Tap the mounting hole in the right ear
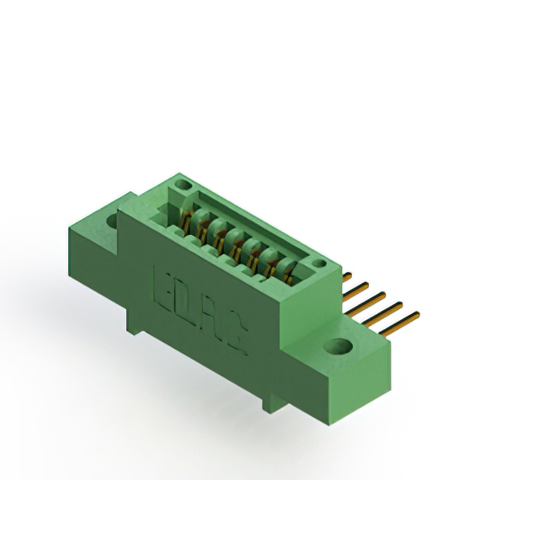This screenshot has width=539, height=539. click(339, 346)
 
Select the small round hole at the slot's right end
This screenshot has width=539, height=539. click(320, 264)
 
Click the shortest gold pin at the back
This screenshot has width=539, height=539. click(347, 277)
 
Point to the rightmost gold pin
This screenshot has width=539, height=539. click(399, 323)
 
